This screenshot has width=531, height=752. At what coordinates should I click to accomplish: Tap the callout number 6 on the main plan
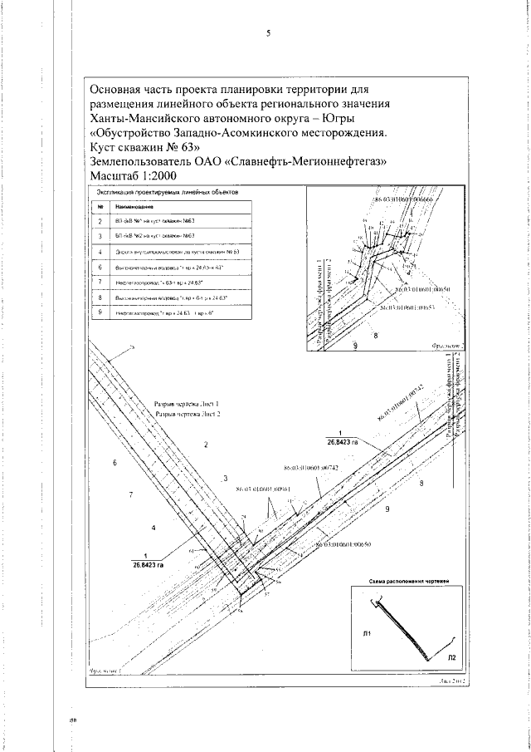click(115, 462)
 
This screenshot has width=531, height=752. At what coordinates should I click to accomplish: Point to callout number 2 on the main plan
click(205, 445)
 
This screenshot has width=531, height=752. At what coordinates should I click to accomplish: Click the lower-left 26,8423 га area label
click(148, 560)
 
